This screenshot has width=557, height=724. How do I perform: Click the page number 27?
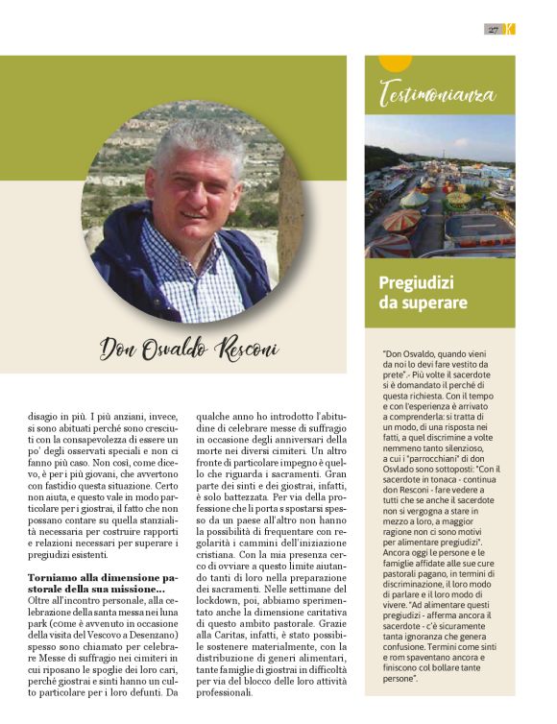[x=493, y=30]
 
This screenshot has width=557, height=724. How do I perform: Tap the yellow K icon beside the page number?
[x=510, y=30]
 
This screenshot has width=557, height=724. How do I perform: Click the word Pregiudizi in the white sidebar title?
[x=416, y=283]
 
